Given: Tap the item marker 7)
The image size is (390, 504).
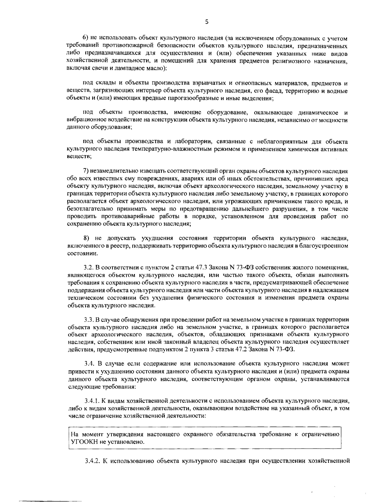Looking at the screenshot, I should pos(86,171).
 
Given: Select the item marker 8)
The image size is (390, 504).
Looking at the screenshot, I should pos(87,239).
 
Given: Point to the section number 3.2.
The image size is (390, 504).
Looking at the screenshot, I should pos(88,268).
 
